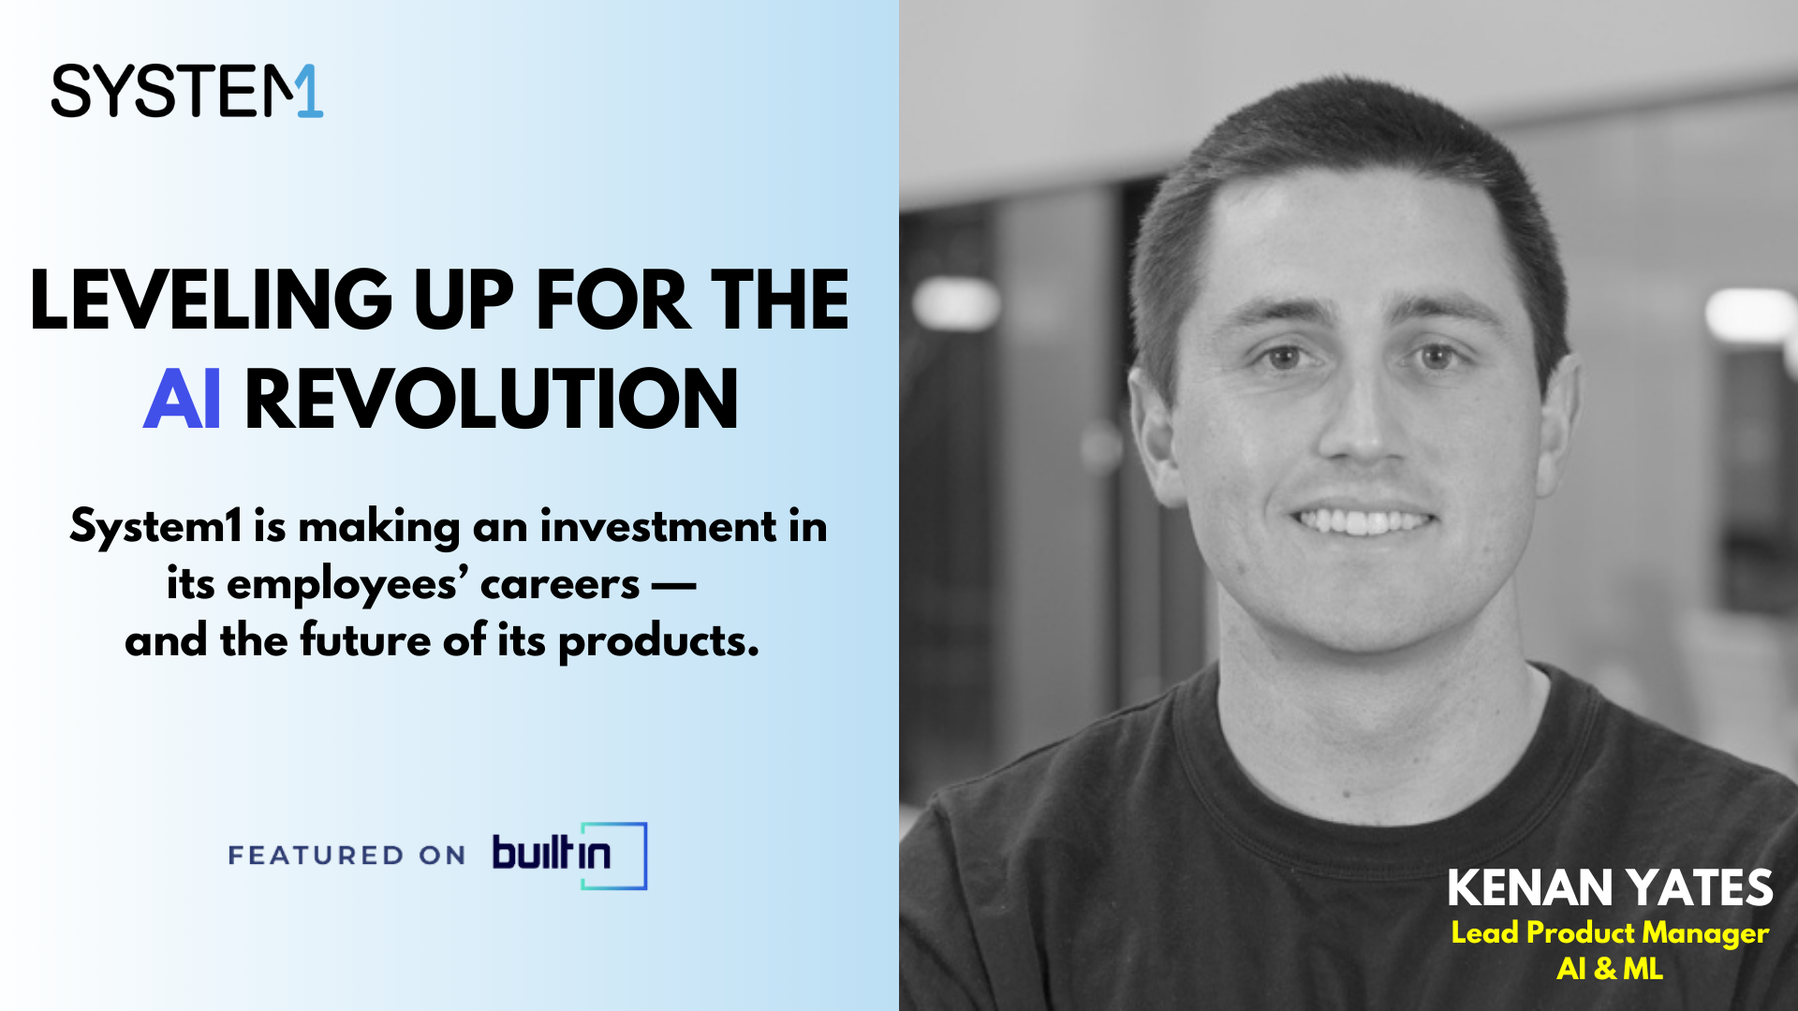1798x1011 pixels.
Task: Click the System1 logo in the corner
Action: pyautogui.click(x=187, y=91)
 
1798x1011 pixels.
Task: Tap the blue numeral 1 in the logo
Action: pyautogui.click(x=309, y=91)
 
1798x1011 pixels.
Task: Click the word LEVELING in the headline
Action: pyautogui.click(x=211, y=300)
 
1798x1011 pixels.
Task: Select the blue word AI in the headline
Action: pyautogui.click(x=183, y=399)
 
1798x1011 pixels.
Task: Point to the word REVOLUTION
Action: pyautogui.click(x=492, y=399)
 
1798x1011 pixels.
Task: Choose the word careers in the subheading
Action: pyautogui.click(x=560, y=585)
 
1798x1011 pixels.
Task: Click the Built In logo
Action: pyautogui.click(x=569, y=856)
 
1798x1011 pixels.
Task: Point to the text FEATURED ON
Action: pyautogui.click(x=346, y=856)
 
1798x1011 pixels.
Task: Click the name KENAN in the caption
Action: pyautogui.click(x=1530, y=888)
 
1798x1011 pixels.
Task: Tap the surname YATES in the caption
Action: pyautogui.click(x=1699, y=888)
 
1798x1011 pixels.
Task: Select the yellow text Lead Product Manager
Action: pyautogui.click(x=1610, y=933)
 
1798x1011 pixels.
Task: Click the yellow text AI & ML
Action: pyautogui.click(x=1610, y=969)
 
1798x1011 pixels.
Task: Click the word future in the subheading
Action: pyautogui.click(x=365, y=641)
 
